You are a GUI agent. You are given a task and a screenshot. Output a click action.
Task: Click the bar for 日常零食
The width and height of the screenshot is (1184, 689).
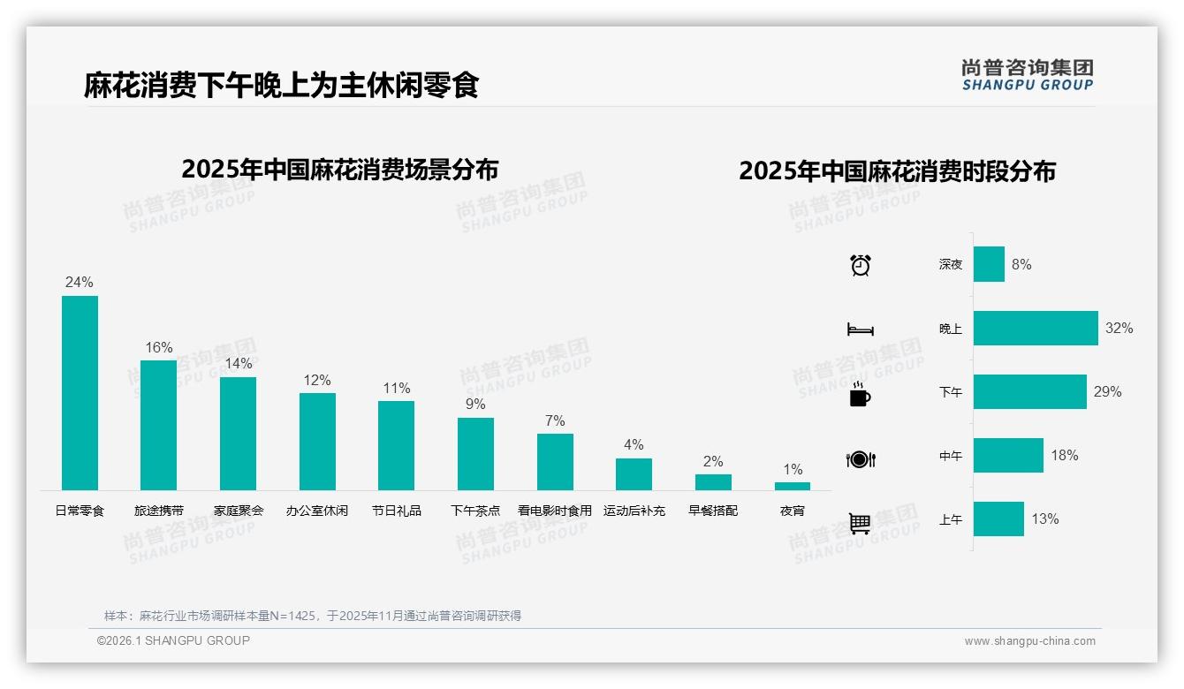(x=80, y=393)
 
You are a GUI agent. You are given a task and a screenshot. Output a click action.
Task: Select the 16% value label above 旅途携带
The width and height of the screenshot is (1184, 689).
(x=159, y=347)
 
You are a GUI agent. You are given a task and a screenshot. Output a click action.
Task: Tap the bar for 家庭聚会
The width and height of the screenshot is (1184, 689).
(x=238, y=434)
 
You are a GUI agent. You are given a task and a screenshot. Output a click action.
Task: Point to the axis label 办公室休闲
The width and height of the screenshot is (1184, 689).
(x=317, y=511)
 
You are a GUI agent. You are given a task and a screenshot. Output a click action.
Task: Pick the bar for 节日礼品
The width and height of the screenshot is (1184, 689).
(x=396, y=445)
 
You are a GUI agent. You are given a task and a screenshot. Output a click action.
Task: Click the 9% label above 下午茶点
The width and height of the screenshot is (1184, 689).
(x=475, y=404)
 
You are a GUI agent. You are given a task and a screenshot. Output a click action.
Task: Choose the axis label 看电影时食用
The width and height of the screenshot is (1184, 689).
(x=555, y=511)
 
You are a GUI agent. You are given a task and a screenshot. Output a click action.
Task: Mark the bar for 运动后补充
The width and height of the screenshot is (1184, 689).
(x=634, y=474)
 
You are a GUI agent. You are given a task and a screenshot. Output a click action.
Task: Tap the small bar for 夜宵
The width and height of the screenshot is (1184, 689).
(x=793, y=486)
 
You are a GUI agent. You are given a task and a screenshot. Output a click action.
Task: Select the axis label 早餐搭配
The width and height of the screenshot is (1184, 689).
(x=713, y=511)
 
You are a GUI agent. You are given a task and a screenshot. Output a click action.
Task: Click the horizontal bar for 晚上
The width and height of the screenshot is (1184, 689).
(x=1036, y=328)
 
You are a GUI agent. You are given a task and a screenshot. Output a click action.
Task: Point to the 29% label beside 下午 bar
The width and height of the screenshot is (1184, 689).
(x=1107, y=391)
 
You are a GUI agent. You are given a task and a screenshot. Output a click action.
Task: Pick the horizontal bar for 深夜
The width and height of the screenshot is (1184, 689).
(x=989, y=264)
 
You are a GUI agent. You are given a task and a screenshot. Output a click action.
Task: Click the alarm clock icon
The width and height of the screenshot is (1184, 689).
(x=861, y=264)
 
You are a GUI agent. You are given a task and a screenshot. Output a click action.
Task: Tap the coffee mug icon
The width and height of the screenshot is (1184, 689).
(x=860, y=394)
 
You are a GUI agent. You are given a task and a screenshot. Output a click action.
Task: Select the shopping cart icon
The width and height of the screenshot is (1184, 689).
(x=860, y=523)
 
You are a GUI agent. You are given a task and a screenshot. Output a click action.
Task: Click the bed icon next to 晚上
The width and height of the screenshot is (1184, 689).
(x=860, y=329)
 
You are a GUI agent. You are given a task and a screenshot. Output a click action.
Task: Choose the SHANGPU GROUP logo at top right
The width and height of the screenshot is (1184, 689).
(x=1028, y=75)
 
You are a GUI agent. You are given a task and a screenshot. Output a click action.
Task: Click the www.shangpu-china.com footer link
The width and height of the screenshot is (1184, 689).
(x=1029, y=641)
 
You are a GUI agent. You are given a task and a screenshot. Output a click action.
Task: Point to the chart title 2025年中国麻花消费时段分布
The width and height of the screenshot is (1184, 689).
(x=897, y=171)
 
